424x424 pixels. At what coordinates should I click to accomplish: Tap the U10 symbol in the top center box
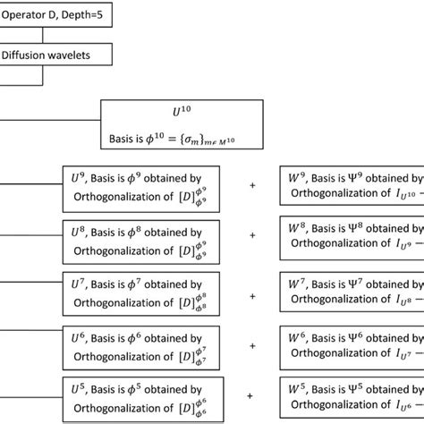coord(182,114)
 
